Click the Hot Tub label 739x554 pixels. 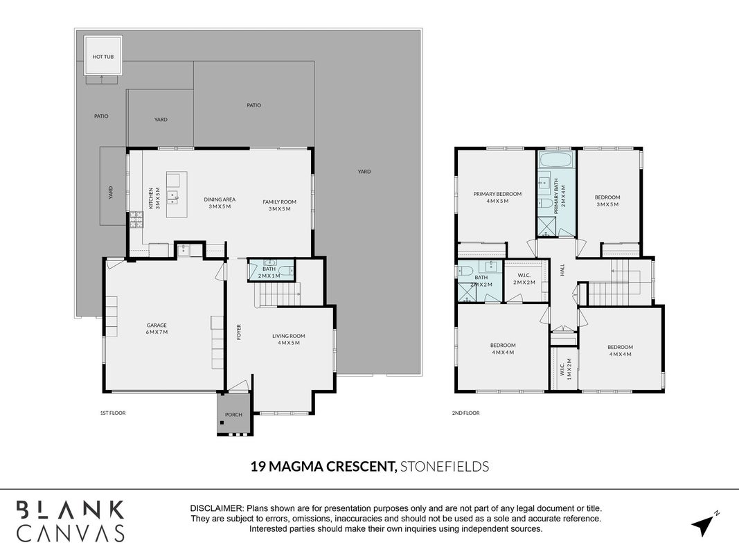point(103,57)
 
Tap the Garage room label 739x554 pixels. point(157,328)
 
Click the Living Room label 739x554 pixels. point(288,339)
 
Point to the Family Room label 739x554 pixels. point(280,205)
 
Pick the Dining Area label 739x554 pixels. point(220,203)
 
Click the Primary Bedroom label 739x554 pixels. point(497,197)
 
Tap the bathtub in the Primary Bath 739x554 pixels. point(556,159)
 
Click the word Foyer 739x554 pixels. point(239,332)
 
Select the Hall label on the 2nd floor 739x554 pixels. point(562,269)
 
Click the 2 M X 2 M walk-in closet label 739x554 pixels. point(524,279)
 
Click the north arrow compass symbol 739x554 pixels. point(704,524)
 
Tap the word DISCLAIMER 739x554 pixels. point(216,508)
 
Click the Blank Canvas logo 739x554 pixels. point(71,521)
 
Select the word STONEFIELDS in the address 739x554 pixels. point(445,466)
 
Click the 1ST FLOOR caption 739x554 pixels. point(113,413)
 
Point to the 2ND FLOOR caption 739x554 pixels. point(465,413)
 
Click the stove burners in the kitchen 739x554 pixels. point(136,220)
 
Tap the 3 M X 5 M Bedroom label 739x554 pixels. point(607,201)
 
